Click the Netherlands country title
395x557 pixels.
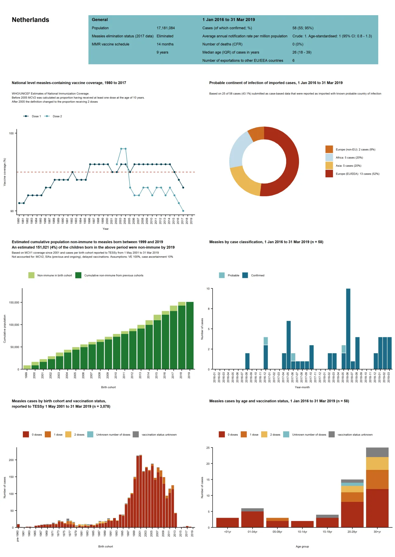click(x=30, y=20)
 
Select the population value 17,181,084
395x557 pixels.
click(x=165, y=28)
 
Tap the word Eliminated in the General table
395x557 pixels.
click(x=165, y=36)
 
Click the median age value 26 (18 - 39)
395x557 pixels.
click(x=302, y=52)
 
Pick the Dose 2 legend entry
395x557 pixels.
click(x=57, y=116)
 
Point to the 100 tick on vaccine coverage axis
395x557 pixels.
click(x=11, y=133)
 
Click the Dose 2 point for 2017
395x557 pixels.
click(x=183, y=211)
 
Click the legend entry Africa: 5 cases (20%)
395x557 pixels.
click(x=349, y=158)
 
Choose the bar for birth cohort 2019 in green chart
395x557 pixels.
click(x=190, y=335)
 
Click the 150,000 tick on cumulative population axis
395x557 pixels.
click(x=14, y=303)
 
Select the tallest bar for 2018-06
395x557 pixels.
click(x=348, y=329)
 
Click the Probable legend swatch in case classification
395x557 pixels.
click(x=222, y=275)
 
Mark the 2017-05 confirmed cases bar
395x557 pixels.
click(x=288, y=345)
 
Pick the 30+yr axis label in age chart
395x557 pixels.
click(x=377, y=532)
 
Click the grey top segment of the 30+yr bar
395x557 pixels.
click(x=377, y=452)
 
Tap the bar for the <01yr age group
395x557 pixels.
click(x=227, y=523)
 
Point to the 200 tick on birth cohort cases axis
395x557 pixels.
click(x=11, y=460)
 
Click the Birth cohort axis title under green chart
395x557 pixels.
click(x=108, y=387)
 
